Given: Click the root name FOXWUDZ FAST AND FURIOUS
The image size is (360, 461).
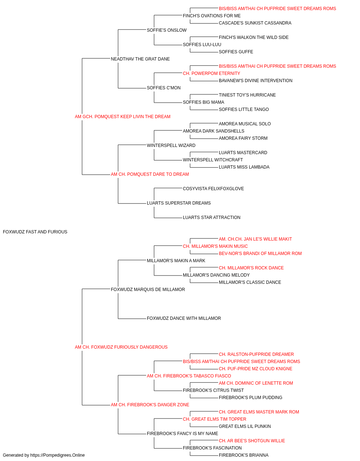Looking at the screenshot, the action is coord(35,232).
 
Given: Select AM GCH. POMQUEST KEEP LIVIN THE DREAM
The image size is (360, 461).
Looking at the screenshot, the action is coord(122,117).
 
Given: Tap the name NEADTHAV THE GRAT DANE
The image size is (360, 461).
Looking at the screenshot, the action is coord(140,59).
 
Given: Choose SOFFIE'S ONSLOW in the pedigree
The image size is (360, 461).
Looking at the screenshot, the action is coord(167,30).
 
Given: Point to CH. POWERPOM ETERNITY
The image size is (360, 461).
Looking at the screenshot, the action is coord(211,73).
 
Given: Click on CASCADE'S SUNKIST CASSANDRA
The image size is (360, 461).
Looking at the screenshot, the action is coord(255,23).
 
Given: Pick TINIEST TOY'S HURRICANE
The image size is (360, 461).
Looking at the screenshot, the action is coord(247,95).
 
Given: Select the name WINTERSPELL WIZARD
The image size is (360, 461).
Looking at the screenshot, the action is coord(171,146).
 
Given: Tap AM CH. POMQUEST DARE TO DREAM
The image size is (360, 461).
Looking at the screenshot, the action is coord(150,174).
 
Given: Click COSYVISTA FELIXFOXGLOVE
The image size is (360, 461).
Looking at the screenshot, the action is coord(213,189).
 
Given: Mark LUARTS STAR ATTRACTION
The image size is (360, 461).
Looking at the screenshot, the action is coord(212,218).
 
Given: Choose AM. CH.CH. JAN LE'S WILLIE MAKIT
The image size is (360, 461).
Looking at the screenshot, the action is coord(255,239).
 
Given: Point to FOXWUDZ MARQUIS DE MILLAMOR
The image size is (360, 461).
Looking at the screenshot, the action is coord(148,290).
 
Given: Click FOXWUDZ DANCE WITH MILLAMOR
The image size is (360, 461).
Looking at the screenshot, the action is coord(184,318).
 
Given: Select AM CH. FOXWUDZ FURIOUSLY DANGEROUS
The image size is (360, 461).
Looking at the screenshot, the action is coord(121,347).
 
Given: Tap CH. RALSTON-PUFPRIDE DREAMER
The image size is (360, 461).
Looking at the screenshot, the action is coord(256,354).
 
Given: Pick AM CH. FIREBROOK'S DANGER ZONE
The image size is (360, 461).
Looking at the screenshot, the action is coord(150,405).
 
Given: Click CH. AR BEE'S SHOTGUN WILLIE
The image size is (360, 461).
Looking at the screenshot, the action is coord(252,441).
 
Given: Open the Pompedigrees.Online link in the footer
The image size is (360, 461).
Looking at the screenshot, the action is coord(58,455).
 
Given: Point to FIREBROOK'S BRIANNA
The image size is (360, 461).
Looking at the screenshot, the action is coord(244,455).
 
